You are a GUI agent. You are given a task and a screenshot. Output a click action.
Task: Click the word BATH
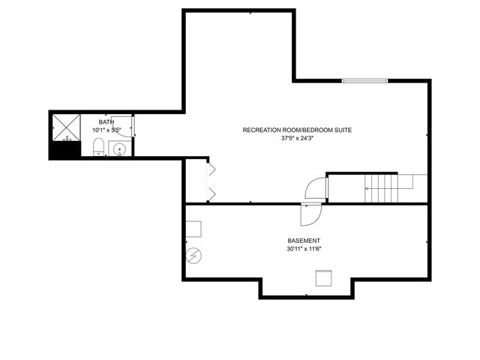106,121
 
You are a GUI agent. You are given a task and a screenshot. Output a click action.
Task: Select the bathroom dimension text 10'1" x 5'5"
106,130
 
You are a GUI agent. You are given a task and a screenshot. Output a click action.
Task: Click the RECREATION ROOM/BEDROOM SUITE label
297,130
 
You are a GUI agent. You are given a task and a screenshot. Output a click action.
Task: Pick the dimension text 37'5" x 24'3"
297,139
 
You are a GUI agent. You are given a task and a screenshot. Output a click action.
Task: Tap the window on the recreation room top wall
364,79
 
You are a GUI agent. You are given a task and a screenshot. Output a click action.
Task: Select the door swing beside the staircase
314,188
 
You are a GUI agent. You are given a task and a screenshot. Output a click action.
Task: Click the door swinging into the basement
309,214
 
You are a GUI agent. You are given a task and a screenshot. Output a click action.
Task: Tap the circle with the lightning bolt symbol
193,256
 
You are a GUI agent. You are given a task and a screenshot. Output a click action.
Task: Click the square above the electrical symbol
194,229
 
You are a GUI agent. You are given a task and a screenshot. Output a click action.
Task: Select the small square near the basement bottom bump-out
323,278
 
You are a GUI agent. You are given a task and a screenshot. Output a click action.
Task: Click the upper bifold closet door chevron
211,169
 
